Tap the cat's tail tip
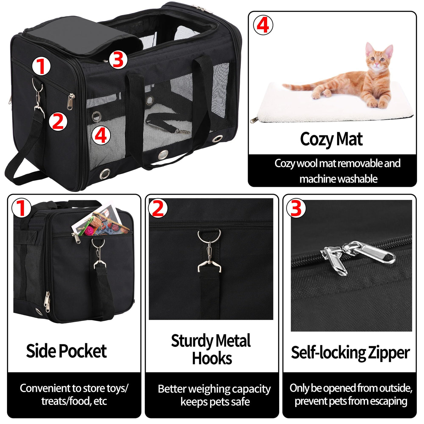point(284,85)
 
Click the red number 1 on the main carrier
point(41,66)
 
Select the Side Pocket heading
point(66,351)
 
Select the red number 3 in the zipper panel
point(296,208)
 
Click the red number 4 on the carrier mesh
point(101,136)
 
